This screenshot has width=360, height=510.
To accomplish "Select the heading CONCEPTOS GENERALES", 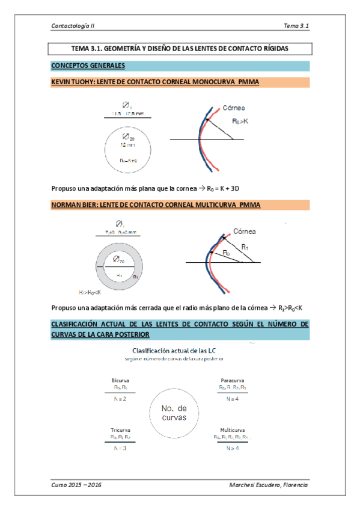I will [88, 66].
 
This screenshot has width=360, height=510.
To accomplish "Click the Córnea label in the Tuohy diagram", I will [234, 108].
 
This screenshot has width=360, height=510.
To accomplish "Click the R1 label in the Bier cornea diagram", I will [246, 247].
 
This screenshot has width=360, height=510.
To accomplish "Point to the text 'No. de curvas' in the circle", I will [174, 413].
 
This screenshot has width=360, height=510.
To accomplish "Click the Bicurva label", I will [120, 381].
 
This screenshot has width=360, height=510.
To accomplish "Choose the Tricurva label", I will [121, 430].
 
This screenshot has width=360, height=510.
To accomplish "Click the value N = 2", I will [120, 399].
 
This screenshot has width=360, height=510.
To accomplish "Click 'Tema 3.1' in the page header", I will [296, 26].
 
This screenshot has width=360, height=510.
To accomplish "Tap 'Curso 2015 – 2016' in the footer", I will [76, 485].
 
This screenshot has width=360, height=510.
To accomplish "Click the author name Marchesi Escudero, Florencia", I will [268, 485].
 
